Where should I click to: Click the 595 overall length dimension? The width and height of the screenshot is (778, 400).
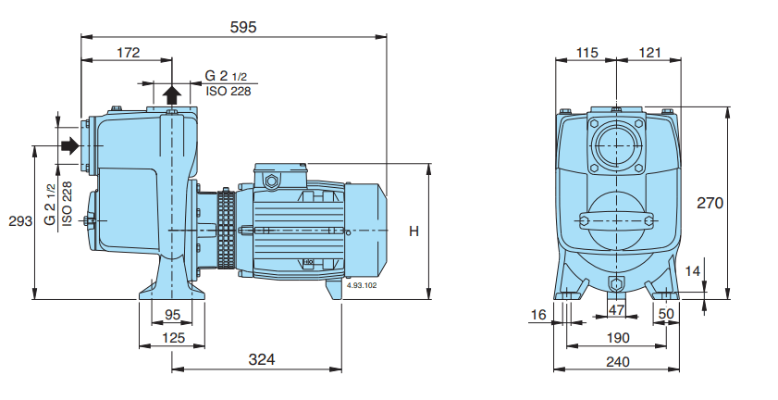point(243,27)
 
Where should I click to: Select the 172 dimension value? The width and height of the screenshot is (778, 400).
point(129,52)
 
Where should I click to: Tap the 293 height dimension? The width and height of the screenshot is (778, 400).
point(20,220)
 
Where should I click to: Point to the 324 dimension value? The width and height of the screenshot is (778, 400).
point(262,358)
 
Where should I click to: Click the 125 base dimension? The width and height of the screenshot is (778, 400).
point(173,338)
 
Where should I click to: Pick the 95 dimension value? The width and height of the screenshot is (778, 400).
point(172,315)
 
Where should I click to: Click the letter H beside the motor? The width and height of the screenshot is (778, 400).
point(414,231)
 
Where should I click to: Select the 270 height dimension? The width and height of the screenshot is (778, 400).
point(710,203)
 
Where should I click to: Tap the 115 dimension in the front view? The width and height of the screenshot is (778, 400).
point(587,52)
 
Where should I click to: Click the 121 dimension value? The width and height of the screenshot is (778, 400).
point(649,52)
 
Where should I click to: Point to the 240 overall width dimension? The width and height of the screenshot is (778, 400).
point(618,361)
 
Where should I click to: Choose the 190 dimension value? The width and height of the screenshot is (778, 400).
point(618,338)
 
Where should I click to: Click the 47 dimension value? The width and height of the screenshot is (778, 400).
point(616,310)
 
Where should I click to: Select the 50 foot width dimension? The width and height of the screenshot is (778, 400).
point(666,314)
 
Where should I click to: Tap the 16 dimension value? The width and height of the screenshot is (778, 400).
point(538,314)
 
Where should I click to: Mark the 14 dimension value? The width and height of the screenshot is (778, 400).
point(693,270)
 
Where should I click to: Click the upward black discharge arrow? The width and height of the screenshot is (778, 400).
point(172,94)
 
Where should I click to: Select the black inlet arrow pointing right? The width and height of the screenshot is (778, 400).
point(70,145)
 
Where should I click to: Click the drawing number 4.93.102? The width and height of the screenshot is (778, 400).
point(362,285)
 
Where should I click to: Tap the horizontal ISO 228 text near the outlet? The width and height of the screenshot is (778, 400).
point(228,91)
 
